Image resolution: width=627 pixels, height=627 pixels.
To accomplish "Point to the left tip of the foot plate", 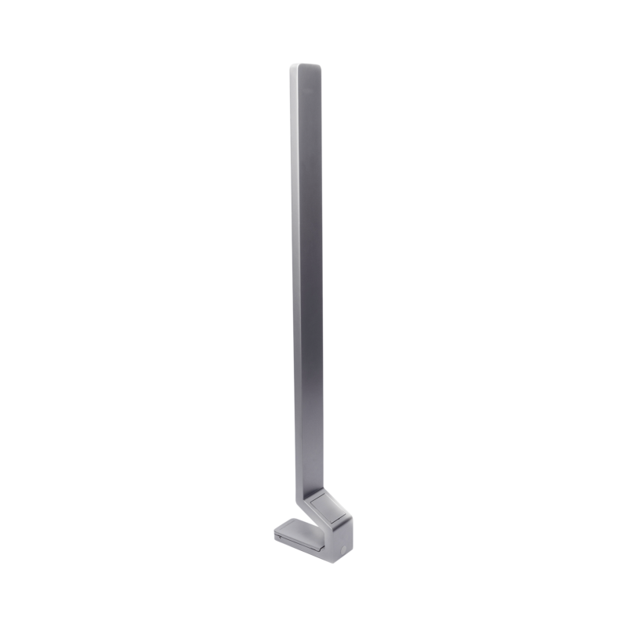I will click(x=275, y=532).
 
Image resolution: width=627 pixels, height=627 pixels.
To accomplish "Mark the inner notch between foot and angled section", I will click(x=315, y=524).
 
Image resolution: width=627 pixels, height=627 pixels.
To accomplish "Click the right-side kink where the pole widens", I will click(x=325, y=487).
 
